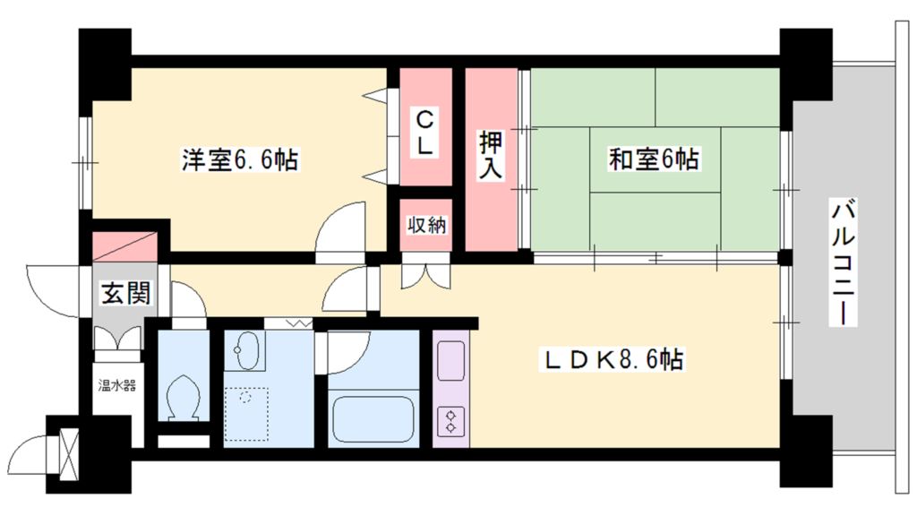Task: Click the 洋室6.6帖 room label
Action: coord(240,160)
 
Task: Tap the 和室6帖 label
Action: coord(654,160)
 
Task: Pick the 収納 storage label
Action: coord(425,225)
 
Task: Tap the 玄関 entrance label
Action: coord(124,293)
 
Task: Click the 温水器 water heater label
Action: coord(116,387)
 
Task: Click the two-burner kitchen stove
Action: coord(450,419)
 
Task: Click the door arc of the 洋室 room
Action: coord(341,228)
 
